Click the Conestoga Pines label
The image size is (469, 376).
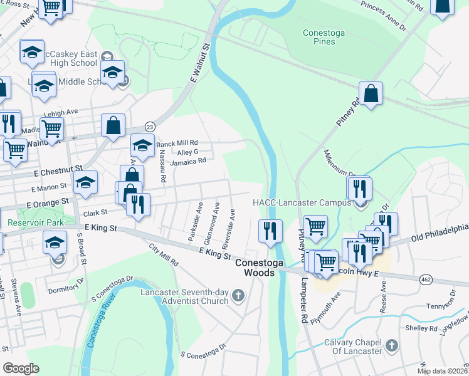pyautogui.click(x=327, y=37)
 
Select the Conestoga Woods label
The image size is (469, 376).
pyautogui.click(x=255, y=268)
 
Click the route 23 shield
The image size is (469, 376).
pyautogui.click(x=150, y=127)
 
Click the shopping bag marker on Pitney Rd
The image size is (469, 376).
pyautogui.click(x=371, y=95)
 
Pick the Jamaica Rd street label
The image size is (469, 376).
pyautogui.click(x=188, y=161)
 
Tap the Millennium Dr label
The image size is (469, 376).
pyautogui.click(x=339, y=165)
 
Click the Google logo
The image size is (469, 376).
pyautogui.click(x=21, y=368)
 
